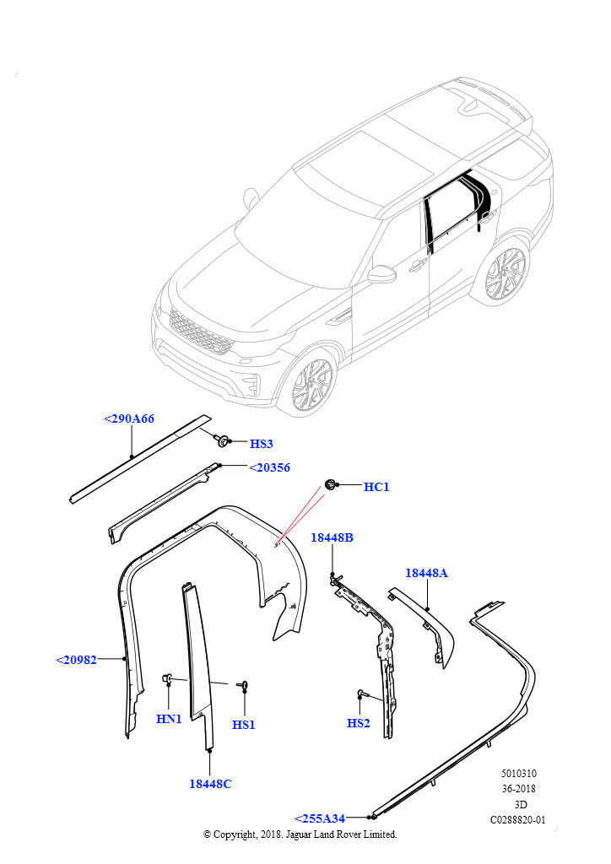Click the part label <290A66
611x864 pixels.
(x=129, y=418)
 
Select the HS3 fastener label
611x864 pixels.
(x=262, y=444)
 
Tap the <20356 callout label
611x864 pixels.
(x=269, y=467)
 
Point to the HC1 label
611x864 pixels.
(x=376, y=487)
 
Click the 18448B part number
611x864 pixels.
(x=332, y=538)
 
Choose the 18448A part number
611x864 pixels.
(x=426, y=573)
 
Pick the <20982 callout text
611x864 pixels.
(x=77, y=660)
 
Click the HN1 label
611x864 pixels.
(x=169, y=719)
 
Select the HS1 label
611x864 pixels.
(x=244, y=724)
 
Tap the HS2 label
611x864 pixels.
(x=359, y=723)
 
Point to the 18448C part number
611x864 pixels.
(x=210, y=784)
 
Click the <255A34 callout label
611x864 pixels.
(x=320, y=818)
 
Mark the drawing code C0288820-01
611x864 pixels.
(x=518, y=819)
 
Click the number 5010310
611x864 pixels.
(x=518, y=774)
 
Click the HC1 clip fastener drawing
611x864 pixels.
(x=330, y=484)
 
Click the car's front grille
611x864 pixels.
(x=201, y=332)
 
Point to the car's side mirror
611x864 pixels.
(x=381, y=274)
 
